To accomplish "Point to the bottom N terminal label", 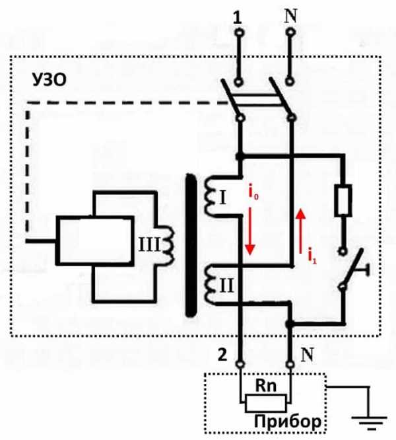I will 308,355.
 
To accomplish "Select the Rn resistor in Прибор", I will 264,402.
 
